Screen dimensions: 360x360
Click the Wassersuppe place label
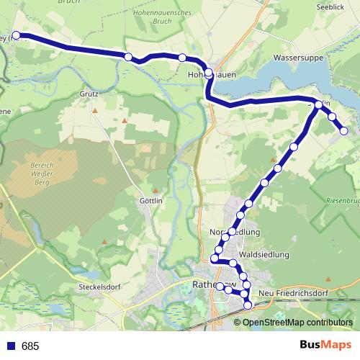[x=297, y=56]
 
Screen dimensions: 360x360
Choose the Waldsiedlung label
[x=263, y=255]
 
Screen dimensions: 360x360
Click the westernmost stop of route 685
[x=16, y=35]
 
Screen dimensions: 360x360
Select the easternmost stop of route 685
[x=343, y=131]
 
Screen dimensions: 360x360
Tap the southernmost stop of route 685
[x=248, y=305]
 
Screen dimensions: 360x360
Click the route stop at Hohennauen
[x=209, y=73]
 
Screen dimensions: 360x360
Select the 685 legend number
[x=30, y=346]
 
